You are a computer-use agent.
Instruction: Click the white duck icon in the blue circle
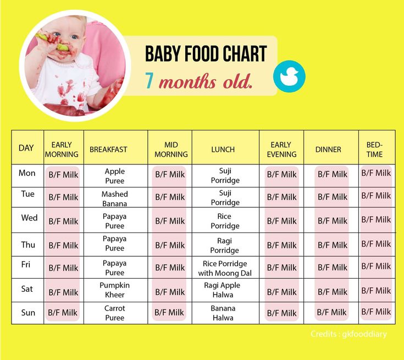pos(289,76)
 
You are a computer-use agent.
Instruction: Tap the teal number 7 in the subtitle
pos(149,81)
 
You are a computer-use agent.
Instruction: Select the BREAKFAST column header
pos(108,149)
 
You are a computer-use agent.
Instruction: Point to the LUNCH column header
pos(223,149)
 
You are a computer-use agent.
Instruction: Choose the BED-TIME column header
pos(375,149)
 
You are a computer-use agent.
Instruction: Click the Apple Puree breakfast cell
pos(115,176)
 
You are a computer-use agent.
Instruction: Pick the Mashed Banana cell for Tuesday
pos(115,198)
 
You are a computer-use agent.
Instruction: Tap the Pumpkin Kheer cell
pos(115,290)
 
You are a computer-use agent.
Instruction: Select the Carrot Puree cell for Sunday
pos(115,313)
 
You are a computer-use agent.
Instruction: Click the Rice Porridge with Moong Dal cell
pos(225,268)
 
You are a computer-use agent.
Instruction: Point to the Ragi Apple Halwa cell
pos(222,290)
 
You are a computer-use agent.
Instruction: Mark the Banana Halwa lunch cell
pos(223,313)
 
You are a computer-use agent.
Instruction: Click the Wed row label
pos(29,218)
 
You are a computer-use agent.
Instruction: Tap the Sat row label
pos(27,289)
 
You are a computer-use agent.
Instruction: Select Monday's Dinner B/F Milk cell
pos(333,174)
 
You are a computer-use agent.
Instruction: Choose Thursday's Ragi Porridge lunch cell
pos(224,245)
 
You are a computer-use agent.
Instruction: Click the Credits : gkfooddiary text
pos(348,334)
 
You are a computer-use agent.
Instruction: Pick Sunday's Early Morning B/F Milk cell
pos(63,313)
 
